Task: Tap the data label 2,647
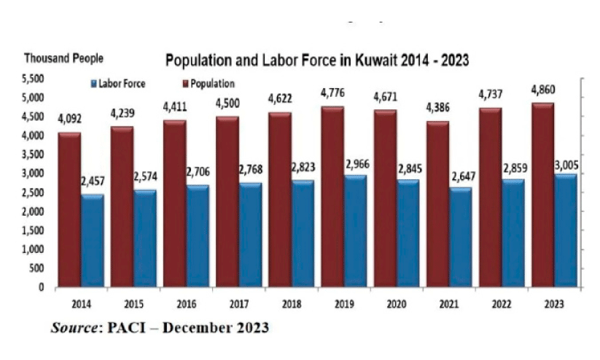[x=463, y=174]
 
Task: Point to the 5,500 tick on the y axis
[x=34, y=79]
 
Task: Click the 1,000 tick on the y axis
[x=34, y=249]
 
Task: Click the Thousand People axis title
[x=64, y=58]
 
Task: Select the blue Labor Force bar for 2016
[x=197, y=237]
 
